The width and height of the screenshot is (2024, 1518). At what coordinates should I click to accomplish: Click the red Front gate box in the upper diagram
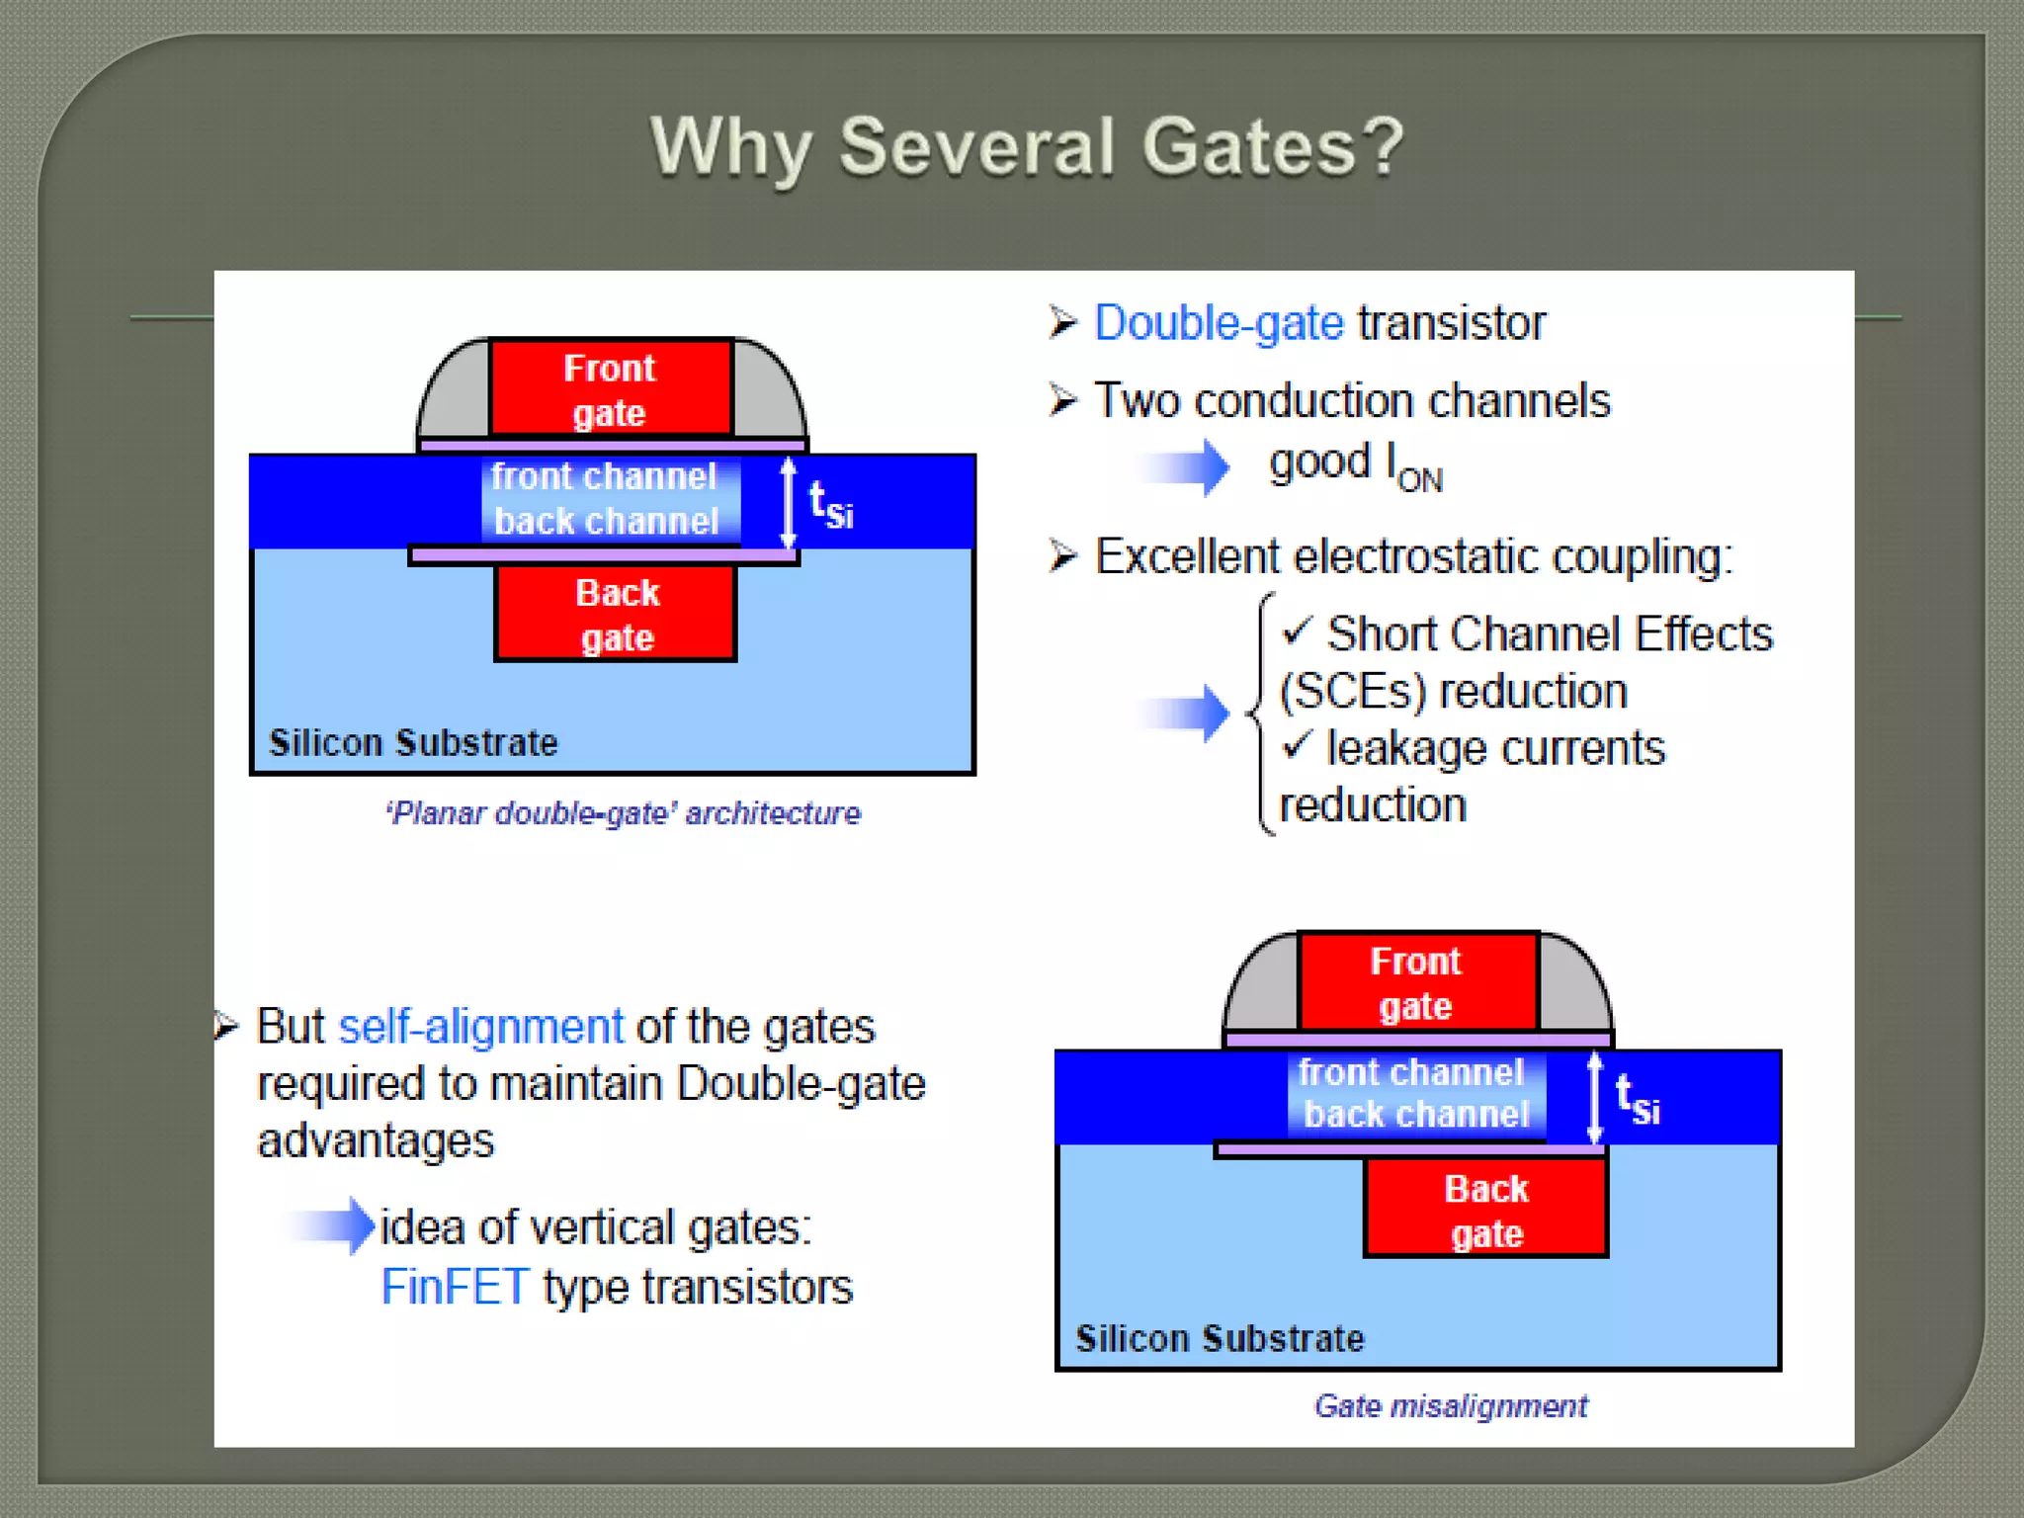(x=611, y=388)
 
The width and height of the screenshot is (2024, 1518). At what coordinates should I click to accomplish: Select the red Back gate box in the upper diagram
(x=616, y=614)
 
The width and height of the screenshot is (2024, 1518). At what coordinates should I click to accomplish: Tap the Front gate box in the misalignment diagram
(x=1417, y=982)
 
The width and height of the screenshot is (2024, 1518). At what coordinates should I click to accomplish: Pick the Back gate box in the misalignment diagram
(x=1485, y=1209)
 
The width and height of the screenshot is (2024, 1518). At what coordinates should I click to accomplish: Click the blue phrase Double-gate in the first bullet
(x=1219, y=323)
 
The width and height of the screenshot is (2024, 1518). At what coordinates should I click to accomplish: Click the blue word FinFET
(x=455, y=1287)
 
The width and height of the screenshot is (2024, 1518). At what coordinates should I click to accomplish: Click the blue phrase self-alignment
(x=480, y=1027)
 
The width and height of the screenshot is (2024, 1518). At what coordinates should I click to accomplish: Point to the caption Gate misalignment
(x=1450, y=1405)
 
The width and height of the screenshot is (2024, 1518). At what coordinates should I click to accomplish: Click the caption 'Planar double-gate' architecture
(x=623, y=813)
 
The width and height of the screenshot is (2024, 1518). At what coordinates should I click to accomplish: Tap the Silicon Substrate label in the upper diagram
(x=413, y=742)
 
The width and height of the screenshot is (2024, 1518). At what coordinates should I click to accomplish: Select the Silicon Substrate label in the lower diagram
(x=1220, y=1338)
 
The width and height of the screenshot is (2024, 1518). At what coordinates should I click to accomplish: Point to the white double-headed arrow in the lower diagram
(x=1594, y=1097)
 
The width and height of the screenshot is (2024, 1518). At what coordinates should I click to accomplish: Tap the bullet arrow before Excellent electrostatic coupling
(x=1062, y=556)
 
